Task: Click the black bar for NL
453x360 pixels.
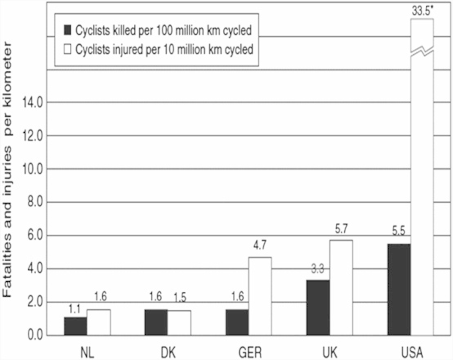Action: point(75,326)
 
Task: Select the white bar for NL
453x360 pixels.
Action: point(99,323)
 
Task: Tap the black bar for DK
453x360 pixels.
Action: point(156,323)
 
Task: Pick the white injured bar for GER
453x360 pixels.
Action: point(260,297)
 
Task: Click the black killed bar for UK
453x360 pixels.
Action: point(318,308)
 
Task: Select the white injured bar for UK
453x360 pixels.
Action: point(341,288)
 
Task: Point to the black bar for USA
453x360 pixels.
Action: point(399,290)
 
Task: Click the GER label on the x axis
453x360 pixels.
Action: point(249,351)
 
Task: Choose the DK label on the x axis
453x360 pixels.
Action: point(168,351)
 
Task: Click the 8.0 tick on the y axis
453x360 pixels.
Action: point(33,203)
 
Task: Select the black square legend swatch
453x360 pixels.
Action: point(68,30)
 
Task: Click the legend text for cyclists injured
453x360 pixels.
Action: point(164,50)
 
